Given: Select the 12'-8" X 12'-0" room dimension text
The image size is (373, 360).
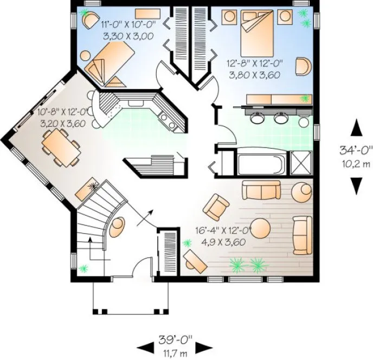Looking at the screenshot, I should click(253, 69).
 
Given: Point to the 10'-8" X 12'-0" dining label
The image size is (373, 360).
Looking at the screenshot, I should click(63, 118).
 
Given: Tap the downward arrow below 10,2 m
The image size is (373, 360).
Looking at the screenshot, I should click(356, 185).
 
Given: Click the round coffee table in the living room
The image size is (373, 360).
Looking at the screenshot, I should click(261, 228).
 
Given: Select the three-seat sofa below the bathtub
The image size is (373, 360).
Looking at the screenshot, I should click(260, 191).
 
